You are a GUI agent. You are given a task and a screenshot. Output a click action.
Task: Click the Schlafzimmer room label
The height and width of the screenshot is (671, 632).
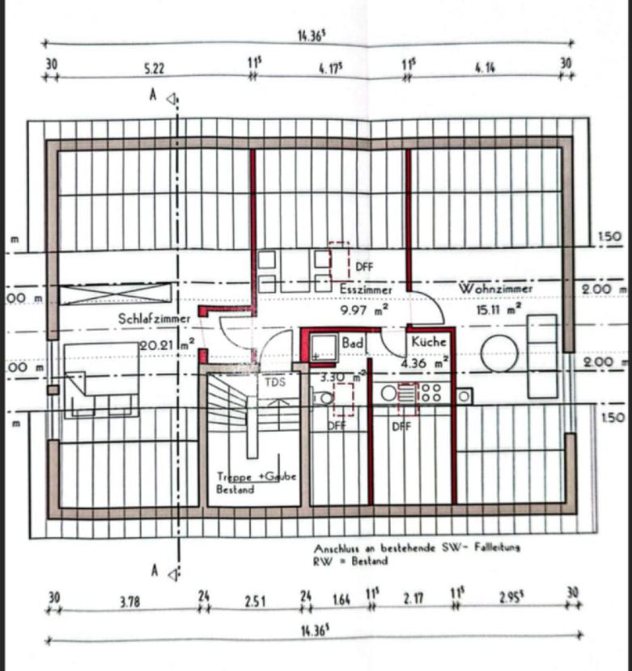(155, 319)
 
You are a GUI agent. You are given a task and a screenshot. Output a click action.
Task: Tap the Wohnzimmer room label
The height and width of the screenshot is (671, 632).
(495, 289)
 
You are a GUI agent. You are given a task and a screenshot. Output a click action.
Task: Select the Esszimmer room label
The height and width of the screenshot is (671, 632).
(367, 288)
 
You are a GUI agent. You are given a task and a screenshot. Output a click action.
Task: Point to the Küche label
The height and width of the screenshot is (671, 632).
(429, 342)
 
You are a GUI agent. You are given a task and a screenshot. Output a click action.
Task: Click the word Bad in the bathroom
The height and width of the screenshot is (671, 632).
(352, 344)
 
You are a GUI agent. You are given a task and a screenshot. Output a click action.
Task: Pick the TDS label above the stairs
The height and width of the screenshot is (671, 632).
(274, 382)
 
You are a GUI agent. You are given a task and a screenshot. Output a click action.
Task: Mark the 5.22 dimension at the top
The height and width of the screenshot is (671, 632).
(154, 69)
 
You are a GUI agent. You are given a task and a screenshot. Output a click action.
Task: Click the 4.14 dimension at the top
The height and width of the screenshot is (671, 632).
(485, 69)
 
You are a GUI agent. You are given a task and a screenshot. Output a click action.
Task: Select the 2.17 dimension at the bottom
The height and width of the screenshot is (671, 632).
(414, 601)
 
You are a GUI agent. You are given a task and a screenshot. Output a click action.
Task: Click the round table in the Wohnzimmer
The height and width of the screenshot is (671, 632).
(498, 355)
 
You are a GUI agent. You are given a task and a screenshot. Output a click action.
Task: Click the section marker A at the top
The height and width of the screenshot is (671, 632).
(151, 95)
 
